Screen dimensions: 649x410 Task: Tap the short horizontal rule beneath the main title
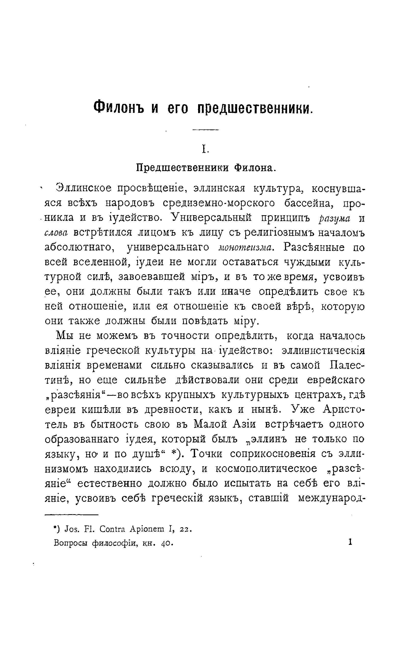coord(206,130)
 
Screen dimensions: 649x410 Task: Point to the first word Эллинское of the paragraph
coord(84,188)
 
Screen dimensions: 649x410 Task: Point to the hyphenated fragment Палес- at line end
coord(347,365)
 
